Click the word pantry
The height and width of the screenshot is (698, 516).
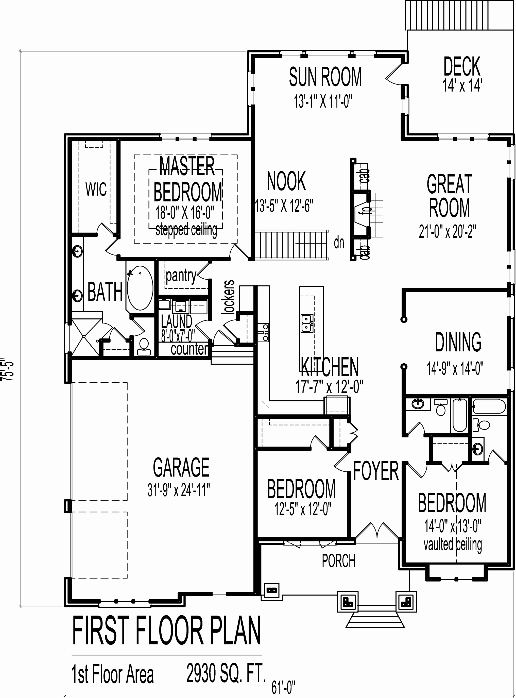[x=181, y=276]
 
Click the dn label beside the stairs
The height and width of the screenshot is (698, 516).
[x=339, y=243]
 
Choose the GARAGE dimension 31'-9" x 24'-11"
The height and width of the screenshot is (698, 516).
[x=179, y=490]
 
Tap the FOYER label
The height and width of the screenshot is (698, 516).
[x=376, y=471]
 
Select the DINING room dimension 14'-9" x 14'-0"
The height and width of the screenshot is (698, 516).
[x=455, y=368]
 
